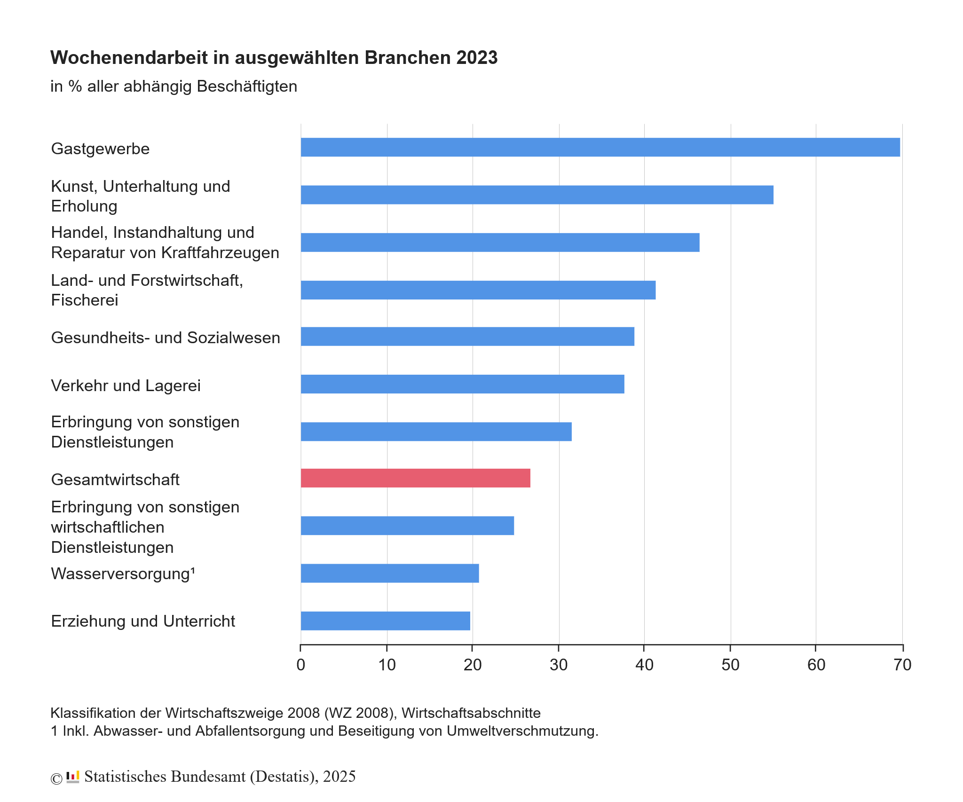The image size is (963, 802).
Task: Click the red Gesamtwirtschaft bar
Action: tap(415, 478)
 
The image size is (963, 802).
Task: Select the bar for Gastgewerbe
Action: tap(600, 147)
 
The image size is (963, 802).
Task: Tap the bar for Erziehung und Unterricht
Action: tap(385, 621)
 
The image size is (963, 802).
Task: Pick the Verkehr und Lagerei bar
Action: tap(462, 384)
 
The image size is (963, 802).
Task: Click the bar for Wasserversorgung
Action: tap(389, 573)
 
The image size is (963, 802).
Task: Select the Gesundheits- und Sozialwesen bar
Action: tap(467, 337)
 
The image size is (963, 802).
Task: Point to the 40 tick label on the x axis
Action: tap(644, 665)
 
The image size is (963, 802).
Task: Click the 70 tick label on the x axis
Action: tap(902, 665)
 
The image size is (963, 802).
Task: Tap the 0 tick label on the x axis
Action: tap(301, 665)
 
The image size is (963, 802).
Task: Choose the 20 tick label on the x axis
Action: tap(473, 665)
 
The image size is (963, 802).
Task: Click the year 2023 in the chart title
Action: tap(476, 58)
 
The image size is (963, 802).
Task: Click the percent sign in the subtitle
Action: tap(75, 86)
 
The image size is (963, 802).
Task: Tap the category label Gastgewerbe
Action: tap(100, 149)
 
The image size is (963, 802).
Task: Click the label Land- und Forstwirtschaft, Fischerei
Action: tap(147, 290)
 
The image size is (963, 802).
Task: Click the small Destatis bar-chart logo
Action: tap(73, 777)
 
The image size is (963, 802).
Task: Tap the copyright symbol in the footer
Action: tap(56, 779)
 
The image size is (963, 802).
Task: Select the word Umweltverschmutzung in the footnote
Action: tap(522, 731)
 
